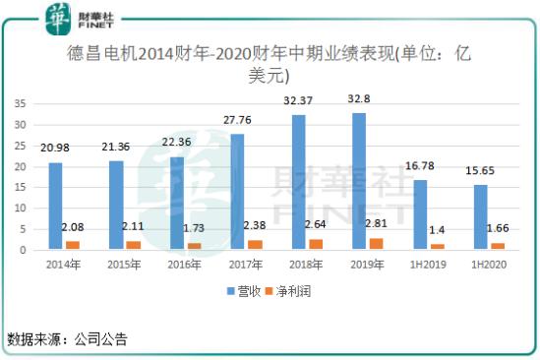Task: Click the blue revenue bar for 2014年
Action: [x=56, y=206]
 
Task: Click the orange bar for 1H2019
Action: [x=438, y=246]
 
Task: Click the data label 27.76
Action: [x=237, y=119]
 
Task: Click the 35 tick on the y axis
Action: [x=21, y=102]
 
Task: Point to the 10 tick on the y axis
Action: [x=21, y=208]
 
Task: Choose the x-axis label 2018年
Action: [x=305, y=266]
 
